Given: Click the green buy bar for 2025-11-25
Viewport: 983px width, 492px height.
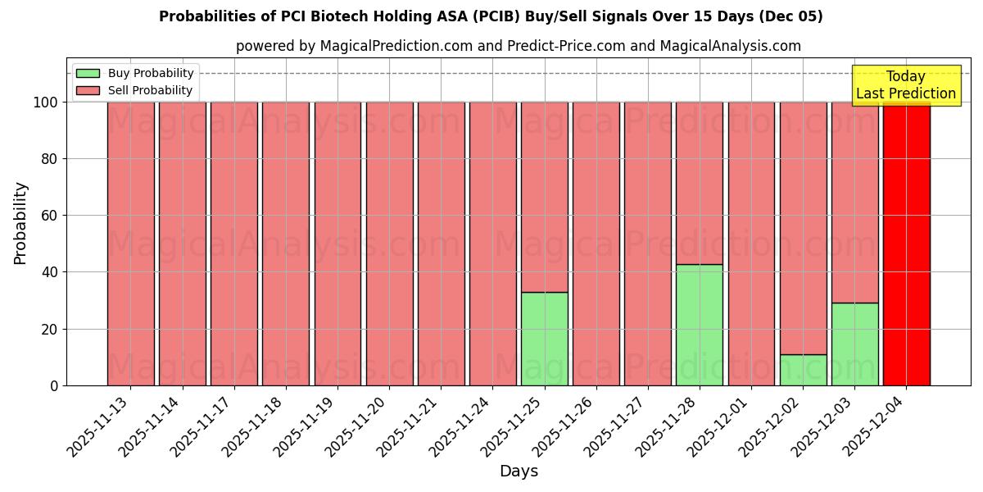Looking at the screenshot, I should [x=544, y=339].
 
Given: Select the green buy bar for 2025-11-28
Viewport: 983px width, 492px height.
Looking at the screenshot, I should [x=699, y=325].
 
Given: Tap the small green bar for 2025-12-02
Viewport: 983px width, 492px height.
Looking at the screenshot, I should [x=803, y=370].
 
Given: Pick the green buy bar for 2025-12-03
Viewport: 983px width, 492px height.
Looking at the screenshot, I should [x=854, y=344].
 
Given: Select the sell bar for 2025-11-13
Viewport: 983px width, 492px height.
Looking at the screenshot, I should [x=130, y=244].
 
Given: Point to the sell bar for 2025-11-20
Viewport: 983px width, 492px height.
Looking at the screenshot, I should [x=389, y=244].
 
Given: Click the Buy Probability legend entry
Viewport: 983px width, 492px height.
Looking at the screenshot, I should [x=135, y=73].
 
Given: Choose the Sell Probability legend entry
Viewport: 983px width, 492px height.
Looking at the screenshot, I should [x=135, y=90].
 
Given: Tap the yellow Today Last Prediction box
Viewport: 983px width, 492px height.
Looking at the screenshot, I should [x=906, y=85].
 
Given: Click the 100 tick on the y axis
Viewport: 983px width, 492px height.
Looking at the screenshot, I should [x=45, y=102].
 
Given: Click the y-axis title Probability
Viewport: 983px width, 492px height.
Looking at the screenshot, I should [x=20, y=222].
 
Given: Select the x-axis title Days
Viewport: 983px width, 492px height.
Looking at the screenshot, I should [x=519, y=471].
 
